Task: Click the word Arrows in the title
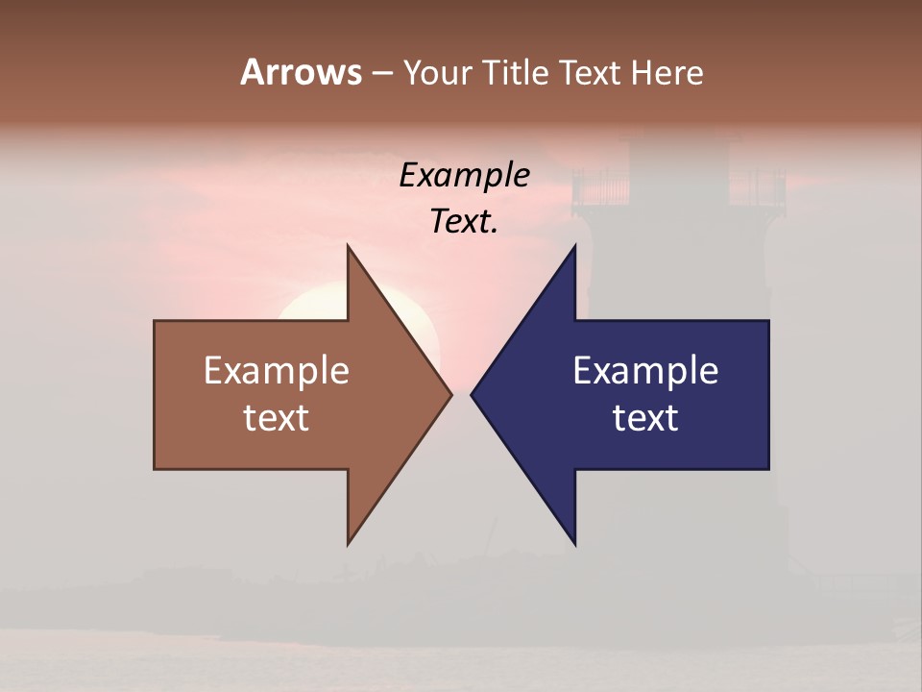pos(301,72)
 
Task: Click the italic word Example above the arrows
pos(465,176)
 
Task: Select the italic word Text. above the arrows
pos(464,222)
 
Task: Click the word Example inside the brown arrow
pos(277,370)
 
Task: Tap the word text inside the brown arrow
pos(277,417)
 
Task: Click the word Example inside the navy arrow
pos(645,370)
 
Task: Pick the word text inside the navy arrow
pos(645,417)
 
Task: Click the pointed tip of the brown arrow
pos(450,394)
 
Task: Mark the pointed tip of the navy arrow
pos(472,394)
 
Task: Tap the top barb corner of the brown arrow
pos(349,247)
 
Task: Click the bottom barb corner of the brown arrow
pos(349,543)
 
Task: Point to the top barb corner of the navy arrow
pos(574,247)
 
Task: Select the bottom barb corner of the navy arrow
pos(574,543)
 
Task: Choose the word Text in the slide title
pos(591,73)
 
